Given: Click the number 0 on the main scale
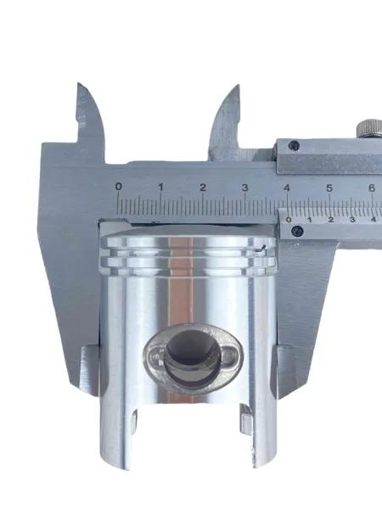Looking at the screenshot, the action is coord(119,187).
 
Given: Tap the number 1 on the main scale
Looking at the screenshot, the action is coord(160,187).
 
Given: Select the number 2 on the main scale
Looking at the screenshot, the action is coord(203,187).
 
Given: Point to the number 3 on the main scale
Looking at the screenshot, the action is coord(245,187).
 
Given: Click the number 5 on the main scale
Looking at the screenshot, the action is coord(329,188).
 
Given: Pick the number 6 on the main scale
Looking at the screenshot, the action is coord(372,188).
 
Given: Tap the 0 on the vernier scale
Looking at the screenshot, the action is coord(289,220).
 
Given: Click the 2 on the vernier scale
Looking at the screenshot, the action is coord(331,220).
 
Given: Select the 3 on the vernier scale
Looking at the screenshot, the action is coord(352,220).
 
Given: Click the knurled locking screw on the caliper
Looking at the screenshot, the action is coord(369,129).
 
